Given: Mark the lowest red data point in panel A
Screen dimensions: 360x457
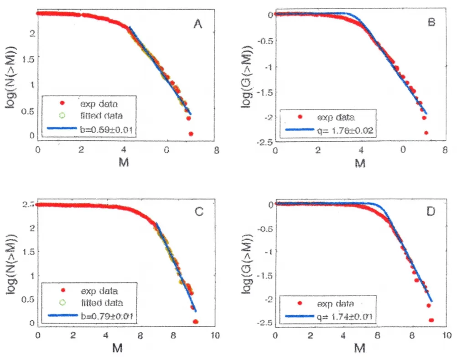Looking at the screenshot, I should coord(191,134).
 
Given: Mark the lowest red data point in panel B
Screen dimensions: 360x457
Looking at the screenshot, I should coord(426,133).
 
